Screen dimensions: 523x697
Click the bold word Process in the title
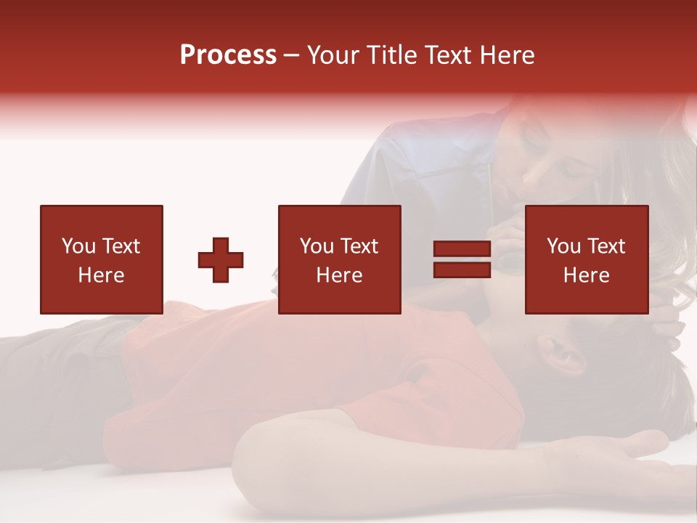click(x=228, y=55)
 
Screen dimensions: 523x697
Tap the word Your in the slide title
click(x=334, y=55)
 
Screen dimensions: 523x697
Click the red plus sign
click(x=221, y=259)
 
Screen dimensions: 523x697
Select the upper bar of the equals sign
click(x=462, y=249)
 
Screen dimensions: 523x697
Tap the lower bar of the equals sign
click(x=462, y=269)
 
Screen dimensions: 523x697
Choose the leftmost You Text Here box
click(x=101, y=259)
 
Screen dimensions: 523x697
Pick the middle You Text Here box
click(x=339, y=259)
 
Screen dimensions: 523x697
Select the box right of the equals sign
click(x=586, y=259)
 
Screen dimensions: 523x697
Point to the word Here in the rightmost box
click(x=586, y=275)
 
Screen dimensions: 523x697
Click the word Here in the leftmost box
click(x=101, y=275)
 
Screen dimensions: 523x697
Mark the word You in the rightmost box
click(x=563, y=246)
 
